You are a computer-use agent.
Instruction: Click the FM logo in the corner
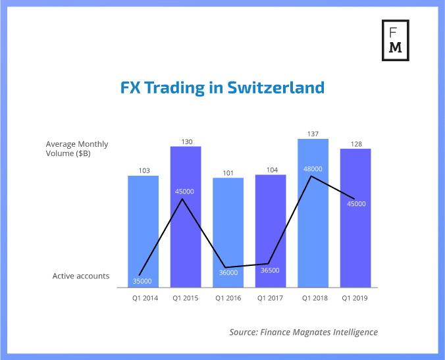point(396,39)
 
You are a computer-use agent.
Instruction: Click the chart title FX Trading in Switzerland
point(222,88)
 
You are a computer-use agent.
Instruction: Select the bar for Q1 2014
point(143,230)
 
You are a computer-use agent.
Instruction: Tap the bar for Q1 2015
point(186,217)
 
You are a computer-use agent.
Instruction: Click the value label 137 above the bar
point(313,134)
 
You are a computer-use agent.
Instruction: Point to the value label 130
point(186,141)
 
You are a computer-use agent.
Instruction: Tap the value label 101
point(228,173)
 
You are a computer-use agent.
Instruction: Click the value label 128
point(355,143)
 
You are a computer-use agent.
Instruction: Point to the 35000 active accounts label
point(142,281)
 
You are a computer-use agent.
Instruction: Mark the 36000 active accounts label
point(228,272)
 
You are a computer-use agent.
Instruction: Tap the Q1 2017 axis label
point(271,298)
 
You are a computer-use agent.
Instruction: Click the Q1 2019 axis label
point(355,298)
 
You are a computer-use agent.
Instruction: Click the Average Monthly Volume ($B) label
point(77,149)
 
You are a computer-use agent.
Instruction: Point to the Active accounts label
point(81,276)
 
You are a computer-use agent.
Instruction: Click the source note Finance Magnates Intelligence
point(303,332)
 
